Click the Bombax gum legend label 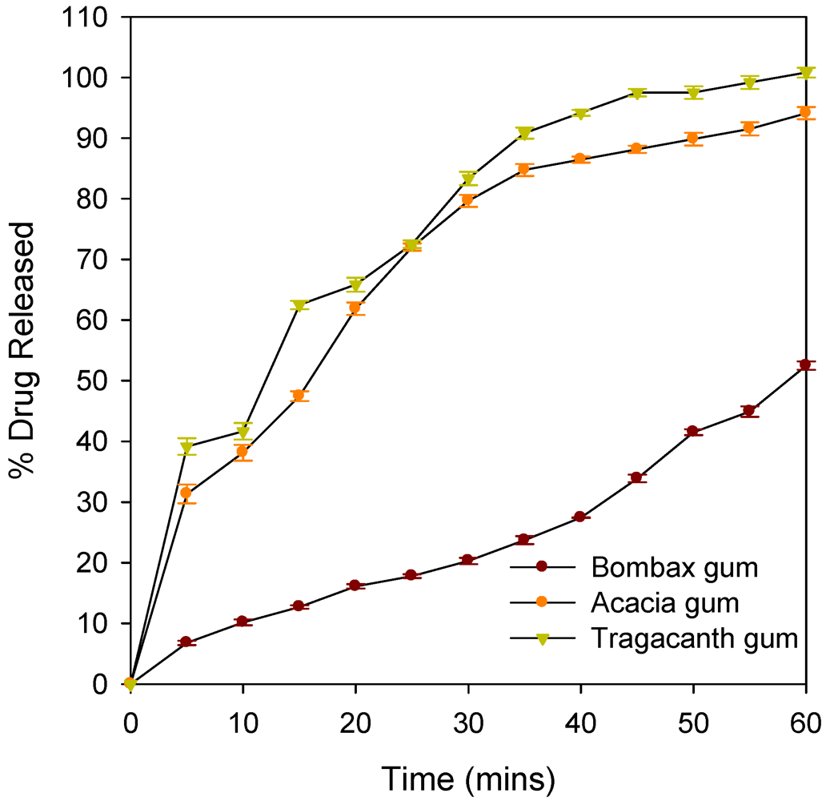[675, 568]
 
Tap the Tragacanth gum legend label [695, 638]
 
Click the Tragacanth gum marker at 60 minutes [805, 73]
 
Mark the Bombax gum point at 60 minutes [805, 365]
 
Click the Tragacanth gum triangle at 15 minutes [299, 306]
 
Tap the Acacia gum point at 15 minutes [299, 396]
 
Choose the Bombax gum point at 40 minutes [580, 517]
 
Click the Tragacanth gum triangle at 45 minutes [637, 94]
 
